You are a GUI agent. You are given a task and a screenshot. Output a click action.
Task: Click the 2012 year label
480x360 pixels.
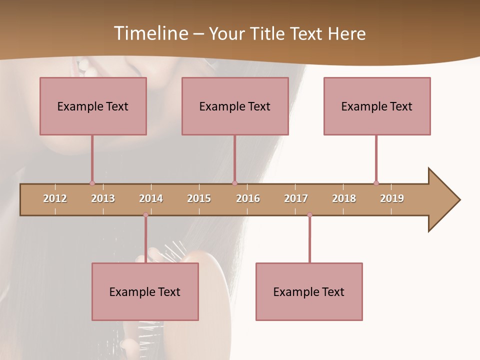[55, 198]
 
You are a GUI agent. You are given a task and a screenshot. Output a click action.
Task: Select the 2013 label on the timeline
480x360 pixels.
[103, 198]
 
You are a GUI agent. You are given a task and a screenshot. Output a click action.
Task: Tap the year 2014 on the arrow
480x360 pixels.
[151, 198]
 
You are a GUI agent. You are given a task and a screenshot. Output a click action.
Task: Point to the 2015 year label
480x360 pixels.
[199, 198]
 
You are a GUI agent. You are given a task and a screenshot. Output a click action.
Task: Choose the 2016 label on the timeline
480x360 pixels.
[248, 198]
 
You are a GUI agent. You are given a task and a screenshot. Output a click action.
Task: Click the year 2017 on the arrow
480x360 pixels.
[296, 198]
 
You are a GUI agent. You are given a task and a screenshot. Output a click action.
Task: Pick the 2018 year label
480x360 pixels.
[344, 198]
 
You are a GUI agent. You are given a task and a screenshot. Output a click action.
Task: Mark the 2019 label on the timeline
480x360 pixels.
[392, 198]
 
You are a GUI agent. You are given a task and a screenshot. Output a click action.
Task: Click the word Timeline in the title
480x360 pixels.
[149, 33]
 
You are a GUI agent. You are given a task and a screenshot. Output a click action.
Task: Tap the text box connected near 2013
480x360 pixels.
[93, 106]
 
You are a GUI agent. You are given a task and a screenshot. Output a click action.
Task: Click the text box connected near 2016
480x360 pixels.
[235, 106]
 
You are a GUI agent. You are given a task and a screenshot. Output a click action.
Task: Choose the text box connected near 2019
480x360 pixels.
[377, 106]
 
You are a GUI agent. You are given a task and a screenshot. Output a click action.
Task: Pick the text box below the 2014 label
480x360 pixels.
[145, 291]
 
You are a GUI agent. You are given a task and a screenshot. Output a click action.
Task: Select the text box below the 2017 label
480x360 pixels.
[309, 291]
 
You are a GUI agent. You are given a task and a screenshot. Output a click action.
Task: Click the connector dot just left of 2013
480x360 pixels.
[92, 183]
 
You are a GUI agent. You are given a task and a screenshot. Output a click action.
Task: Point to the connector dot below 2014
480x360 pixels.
[145, 215]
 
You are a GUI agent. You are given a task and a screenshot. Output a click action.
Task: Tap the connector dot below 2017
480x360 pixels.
[309, 215]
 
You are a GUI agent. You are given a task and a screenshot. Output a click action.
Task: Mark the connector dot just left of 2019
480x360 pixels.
[376, 183]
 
